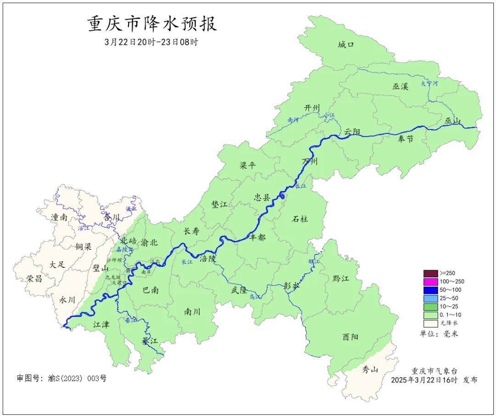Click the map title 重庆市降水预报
(x=152, y=24)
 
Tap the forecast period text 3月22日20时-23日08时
(x=152, y=42)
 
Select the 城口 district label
(x=346, y=45)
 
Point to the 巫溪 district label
(x=400, y=86)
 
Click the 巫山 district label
(x=452, y=121)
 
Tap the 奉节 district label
(x=405, y=139)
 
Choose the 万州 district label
(x=310, y=162)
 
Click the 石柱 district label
(x=300, y=219)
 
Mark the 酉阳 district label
(x=350, y=337)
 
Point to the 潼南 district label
(x=60, y=217)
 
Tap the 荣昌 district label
(x=34, y=279)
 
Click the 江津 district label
(x=101, y=325)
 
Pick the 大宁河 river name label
(x=429, y=84)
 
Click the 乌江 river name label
(x=254, y=297)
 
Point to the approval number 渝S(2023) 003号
(x=62, y=378)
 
